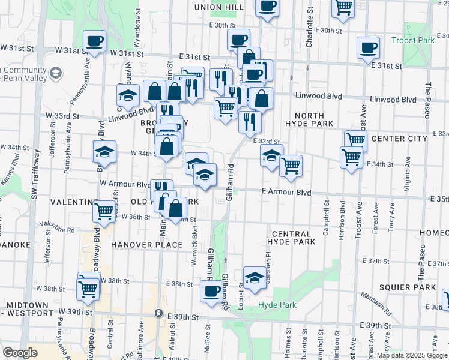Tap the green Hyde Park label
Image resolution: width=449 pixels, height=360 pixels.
click(x=277, y=305)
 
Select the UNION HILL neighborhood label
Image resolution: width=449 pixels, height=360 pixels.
click(x=219, y=7)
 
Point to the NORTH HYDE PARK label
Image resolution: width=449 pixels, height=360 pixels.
click(x=310, y=119)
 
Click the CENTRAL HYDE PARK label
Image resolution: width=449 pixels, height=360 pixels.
click(x=292, y=238)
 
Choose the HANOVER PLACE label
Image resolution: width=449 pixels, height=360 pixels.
click(x=146, y=245)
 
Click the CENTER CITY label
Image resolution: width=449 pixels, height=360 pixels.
click(x=399, y=139)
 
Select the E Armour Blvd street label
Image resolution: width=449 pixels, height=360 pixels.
click(x=286, y=192)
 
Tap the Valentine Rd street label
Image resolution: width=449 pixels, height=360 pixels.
click(x=58, y=227)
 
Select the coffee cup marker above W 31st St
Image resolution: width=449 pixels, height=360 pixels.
click(x=95, y=41)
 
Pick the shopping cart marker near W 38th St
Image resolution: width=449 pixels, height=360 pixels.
click(x=89, y=289)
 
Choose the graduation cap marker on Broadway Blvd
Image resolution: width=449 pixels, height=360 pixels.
click(x=104, y=152)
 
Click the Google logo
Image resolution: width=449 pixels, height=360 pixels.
click(x=20, y=353)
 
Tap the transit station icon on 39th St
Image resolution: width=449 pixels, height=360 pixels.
click(x=158, y=313)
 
